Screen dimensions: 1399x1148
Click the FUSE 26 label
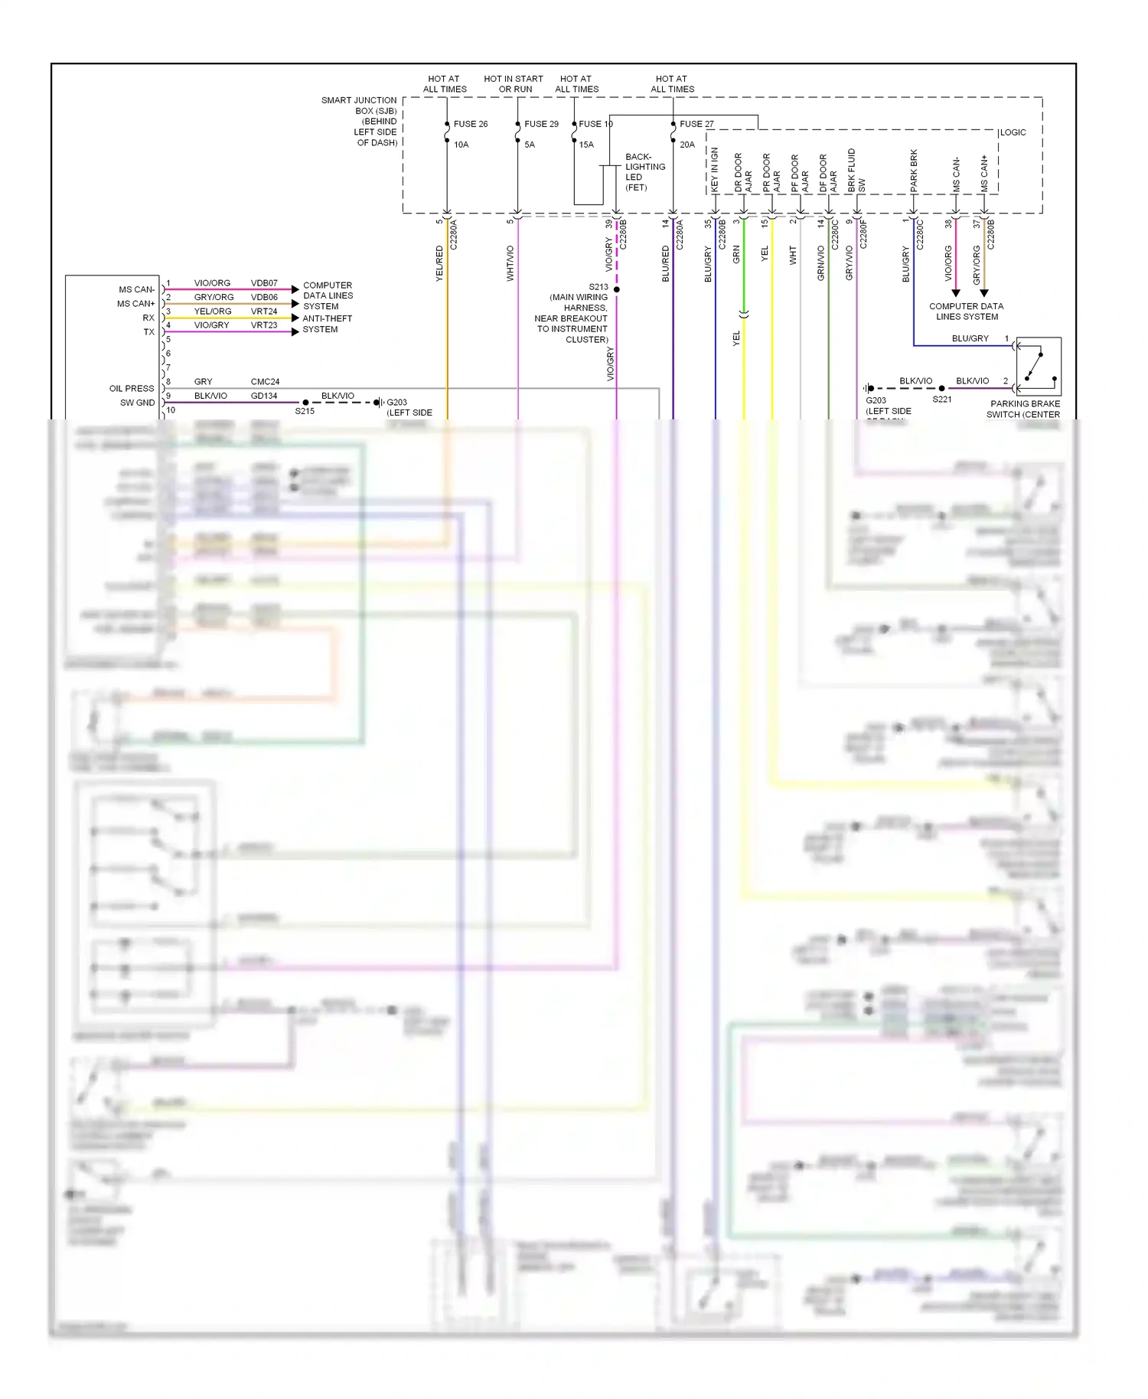point(470,124)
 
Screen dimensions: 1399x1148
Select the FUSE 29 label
point(541,124)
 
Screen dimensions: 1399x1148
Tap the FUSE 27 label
point(696,124)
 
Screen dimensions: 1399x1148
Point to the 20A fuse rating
point(687,145)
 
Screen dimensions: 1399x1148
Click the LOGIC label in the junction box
point(1013,132)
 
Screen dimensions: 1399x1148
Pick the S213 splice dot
point(617,289)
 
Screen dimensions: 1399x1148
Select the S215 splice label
point(305,412)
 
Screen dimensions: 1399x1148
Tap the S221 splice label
point(942,399)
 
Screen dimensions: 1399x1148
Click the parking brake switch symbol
point(1039,366)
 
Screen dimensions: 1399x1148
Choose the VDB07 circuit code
point(264,283)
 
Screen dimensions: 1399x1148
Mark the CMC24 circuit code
point(265,382)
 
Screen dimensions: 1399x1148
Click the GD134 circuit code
point(264,396)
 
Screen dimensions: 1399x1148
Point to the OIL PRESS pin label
point(132,389)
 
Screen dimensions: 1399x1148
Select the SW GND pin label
point(137,403)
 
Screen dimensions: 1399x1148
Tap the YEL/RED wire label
point(439,263)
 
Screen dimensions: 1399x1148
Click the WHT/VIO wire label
point(510,263)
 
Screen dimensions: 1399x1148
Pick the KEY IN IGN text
point(715,169)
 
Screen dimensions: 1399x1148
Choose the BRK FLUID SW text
point(856,170)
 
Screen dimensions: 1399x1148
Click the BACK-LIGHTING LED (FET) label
point(644,172)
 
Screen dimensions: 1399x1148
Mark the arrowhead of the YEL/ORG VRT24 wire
point(295,318)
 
